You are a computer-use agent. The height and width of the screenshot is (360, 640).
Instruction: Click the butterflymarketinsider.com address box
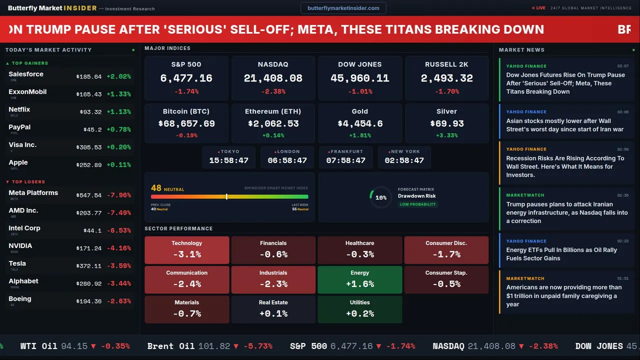343,8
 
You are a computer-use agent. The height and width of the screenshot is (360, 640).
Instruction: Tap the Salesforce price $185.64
89,77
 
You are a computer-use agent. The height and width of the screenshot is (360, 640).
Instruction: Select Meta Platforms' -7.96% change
120,195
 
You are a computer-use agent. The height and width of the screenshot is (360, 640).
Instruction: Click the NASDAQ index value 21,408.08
273,78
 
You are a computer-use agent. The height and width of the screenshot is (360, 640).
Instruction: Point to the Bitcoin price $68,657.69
186,123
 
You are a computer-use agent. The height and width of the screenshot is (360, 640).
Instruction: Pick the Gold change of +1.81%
359,135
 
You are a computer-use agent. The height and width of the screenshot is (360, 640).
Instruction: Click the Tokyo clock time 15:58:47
228,160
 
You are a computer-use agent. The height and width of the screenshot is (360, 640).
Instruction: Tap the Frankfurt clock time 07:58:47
345,160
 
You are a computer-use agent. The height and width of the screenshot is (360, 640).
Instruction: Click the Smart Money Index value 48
156,188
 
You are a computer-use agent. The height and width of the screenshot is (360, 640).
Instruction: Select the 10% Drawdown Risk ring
380,197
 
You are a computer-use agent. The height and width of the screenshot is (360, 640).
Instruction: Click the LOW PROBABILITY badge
417,204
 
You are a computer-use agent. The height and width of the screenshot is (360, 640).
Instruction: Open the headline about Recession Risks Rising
565,166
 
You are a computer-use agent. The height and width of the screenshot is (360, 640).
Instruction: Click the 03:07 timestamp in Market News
622,66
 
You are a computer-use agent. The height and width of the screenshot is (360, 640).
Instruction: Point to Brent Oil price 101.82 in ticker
214,346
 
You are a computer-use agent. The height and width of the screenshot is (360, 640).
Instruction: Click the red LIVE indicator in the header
539,8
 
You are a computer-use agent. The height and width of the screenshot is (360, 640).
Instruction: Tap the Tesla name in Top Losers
17,263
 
